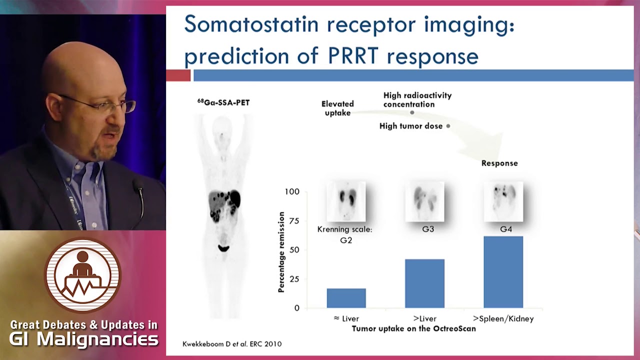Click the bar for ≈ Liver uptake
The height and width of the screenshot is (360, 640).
pyautogui.click(x=346, y=298)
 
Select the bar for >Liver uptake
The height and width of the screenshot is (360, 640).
pyautogui.click(x=424, y=283)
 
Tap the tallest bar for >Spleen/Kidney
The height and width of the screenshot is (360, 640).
pyautogui.click(x=503, y=272)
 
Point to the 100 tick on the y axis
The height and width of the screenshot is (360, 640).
pyautogui.click(x=292, y=191)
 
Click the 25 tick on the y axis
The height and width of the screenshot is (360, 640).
pyautogui.click(x=293, y=279)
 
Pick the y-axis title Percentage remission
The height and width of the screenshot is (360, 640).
pyautogui.click(x=281, y=252)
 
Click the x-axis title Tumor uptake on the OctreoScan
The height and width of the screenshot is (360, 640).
pyautogui.click(x=413, y=328)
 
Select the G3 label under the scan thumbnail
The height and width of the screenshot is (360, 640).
pyautogui.click(x=428, y=229)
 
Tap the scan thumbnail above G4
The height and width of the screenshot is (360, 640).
pyautogui.click(x=503, y=201)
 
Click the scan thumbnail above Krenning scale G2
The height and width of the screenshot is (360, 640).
pyautogui.click(x=346, y=201)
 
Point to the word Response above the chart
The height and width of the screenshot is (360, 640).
pyautogui.click(x=499, y=163)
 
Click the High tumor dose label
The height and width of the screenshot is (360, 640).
pyautogui.click(x=411, y=126)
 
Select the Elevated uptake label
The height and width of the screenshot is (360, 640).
pyautogui.click(x=337, y=108)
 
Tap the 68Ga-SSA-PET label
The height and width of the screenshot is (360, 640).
pyautogui.click(x=223, y=102)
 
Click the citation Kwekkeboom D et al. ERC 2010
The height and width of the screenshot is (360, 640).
pyautogui.click(x=231, y=344)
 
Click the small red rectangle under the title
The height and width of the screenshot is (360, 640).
pyautogui.click(x=178, y=75)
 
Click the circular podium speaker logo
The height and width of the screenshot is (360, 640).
pyautogui.click(x=83, y=275)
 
